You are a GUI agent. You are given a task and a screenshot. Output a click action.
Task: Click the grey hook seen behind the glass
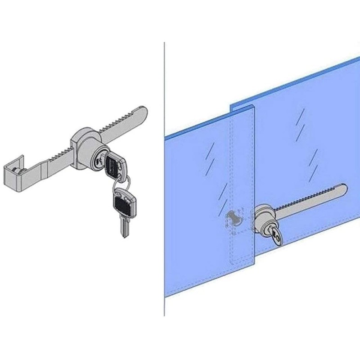[x=234, y=219]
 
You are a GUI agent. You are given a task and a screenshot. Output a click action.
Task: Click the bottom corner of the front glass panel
[x=255, y=261]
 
